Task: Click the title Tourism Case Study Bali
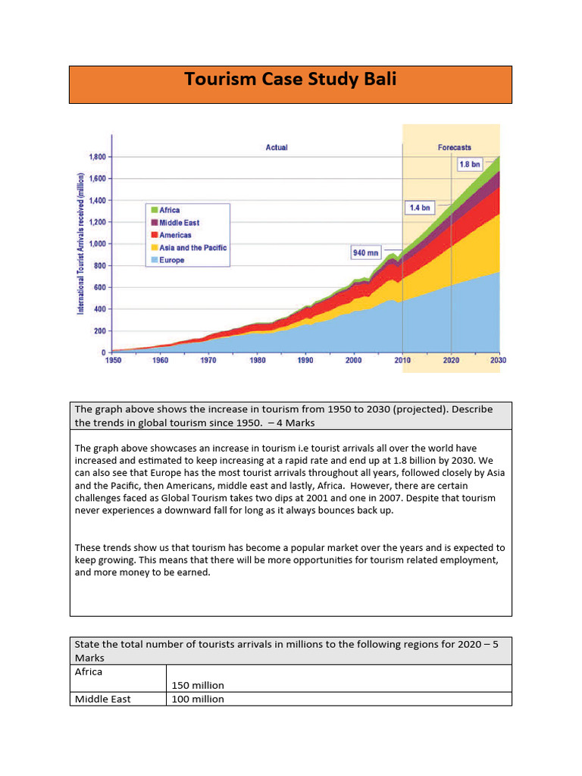(x=290, y=80)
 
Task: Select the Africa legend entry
(x=170, y=210)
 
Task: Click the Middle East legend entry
(x=179, y=223)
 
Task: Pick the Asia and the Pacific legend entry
(x=192, y=248)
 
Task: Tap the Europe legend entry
(x=171, y=260)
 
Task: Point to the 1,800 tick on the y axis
(x=98, y=157)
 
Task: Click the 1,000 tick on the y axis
(x=98, y=244)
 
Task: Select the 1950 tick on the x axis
(x=111, y=361)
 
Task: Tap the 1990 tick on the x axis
(x=305, y=361)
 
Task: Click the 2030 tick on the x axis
(x=498, y=361)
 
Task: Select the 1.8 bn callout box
(x=468, y=164)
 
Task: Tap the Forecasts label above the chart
(x=455, y=147)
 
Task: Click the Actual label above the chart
(x=277, y=147)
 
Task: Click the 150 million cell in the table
(x=198, y=685)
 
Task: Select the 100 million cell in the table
(x=198, y=699)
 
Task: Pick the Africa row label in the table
(x=89, y=671)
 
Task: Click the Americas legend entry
(x=174, y=235)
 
